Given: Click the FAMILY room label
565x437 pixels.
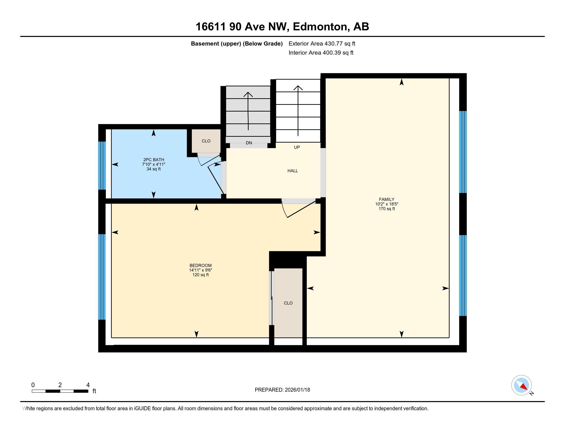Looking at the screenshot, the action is pos(387,199).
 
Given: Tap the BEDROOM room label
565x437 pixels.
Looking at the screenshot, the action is pos(201,265).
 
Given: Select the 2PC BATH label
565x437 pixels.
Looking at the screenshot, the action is pos(154,160).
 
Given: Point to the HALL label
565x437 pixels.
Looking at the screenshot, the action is pos(293,171).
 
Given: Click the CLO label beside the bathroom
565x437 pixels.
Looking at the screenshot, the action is pos(206,141).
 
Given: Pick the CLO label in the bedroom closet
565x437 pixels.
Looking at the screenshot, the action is pos(288,303).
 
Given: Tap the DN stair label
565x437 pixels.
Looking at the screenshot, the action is pos(249,143).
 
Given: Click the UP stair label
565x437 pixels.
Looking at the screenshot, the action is pos(297,147).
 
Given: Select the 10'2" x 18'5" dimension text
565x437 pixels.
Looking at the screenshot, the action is pos(387,204).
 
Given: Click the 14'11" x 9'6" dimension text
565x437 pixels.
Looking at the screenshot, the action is pos(201,270).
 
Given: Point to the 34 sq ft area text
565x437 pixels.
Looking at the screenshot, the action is pos(154,169).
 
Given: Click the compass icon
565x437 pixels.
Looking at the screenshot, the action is pos(522,385).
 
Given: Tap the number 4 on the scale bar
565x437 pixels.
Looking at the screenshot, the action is pos(88,385).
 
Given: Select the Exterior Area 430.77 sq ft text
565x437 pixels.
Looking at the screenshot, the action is pos(322,43).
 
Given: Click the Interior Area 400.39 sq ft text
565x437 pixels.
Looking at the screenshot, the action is pos(321,52).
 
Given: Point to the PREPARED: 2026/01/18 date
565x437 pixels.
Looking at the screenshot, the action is pos(282,390).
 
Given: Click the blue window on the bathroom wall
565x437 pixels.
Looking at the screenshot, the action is pos(102,166).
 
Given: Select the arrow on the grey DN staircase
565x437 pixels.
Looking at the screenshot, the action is pos(248,111).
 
